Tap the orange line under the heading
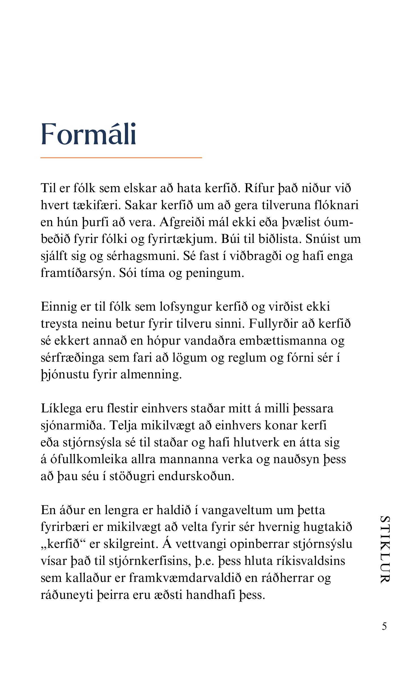(x=121, y=157)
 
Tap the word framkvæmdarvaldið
(x=185, y=578)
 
